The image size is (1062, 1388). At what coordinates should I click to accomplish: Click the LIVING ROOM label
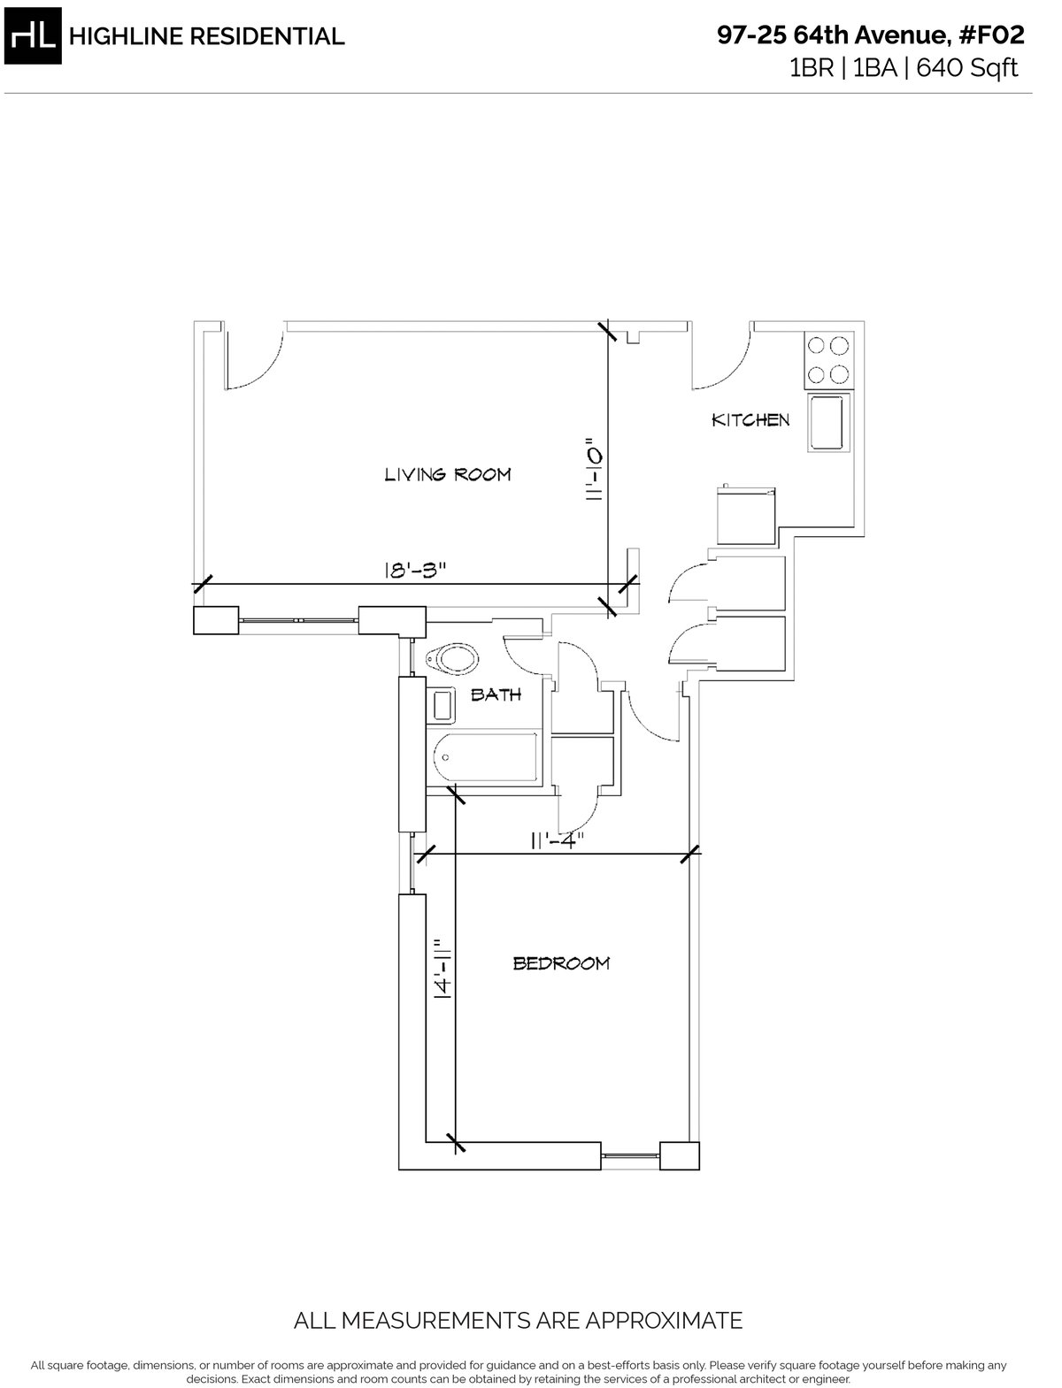[x=447, y=475]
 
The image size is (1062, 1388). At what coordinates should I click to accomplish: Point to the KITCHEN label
[x=750, y=420]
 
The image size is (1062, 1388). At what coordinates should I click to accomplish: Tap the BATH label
[x=496, y=694]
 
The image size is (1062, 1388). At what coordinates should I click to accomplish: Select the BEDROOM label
[x=561, y=963]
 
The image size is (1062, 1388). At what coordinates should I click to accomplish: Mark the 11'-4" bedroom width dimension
[x=557, y=841]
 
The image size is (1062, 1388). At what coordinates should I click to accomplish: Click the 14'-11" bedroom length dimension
[x=442, y=970]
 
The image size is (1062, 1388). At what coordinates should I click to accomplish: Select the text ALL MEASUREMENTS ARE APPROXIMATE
[x=518, y=1321]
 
